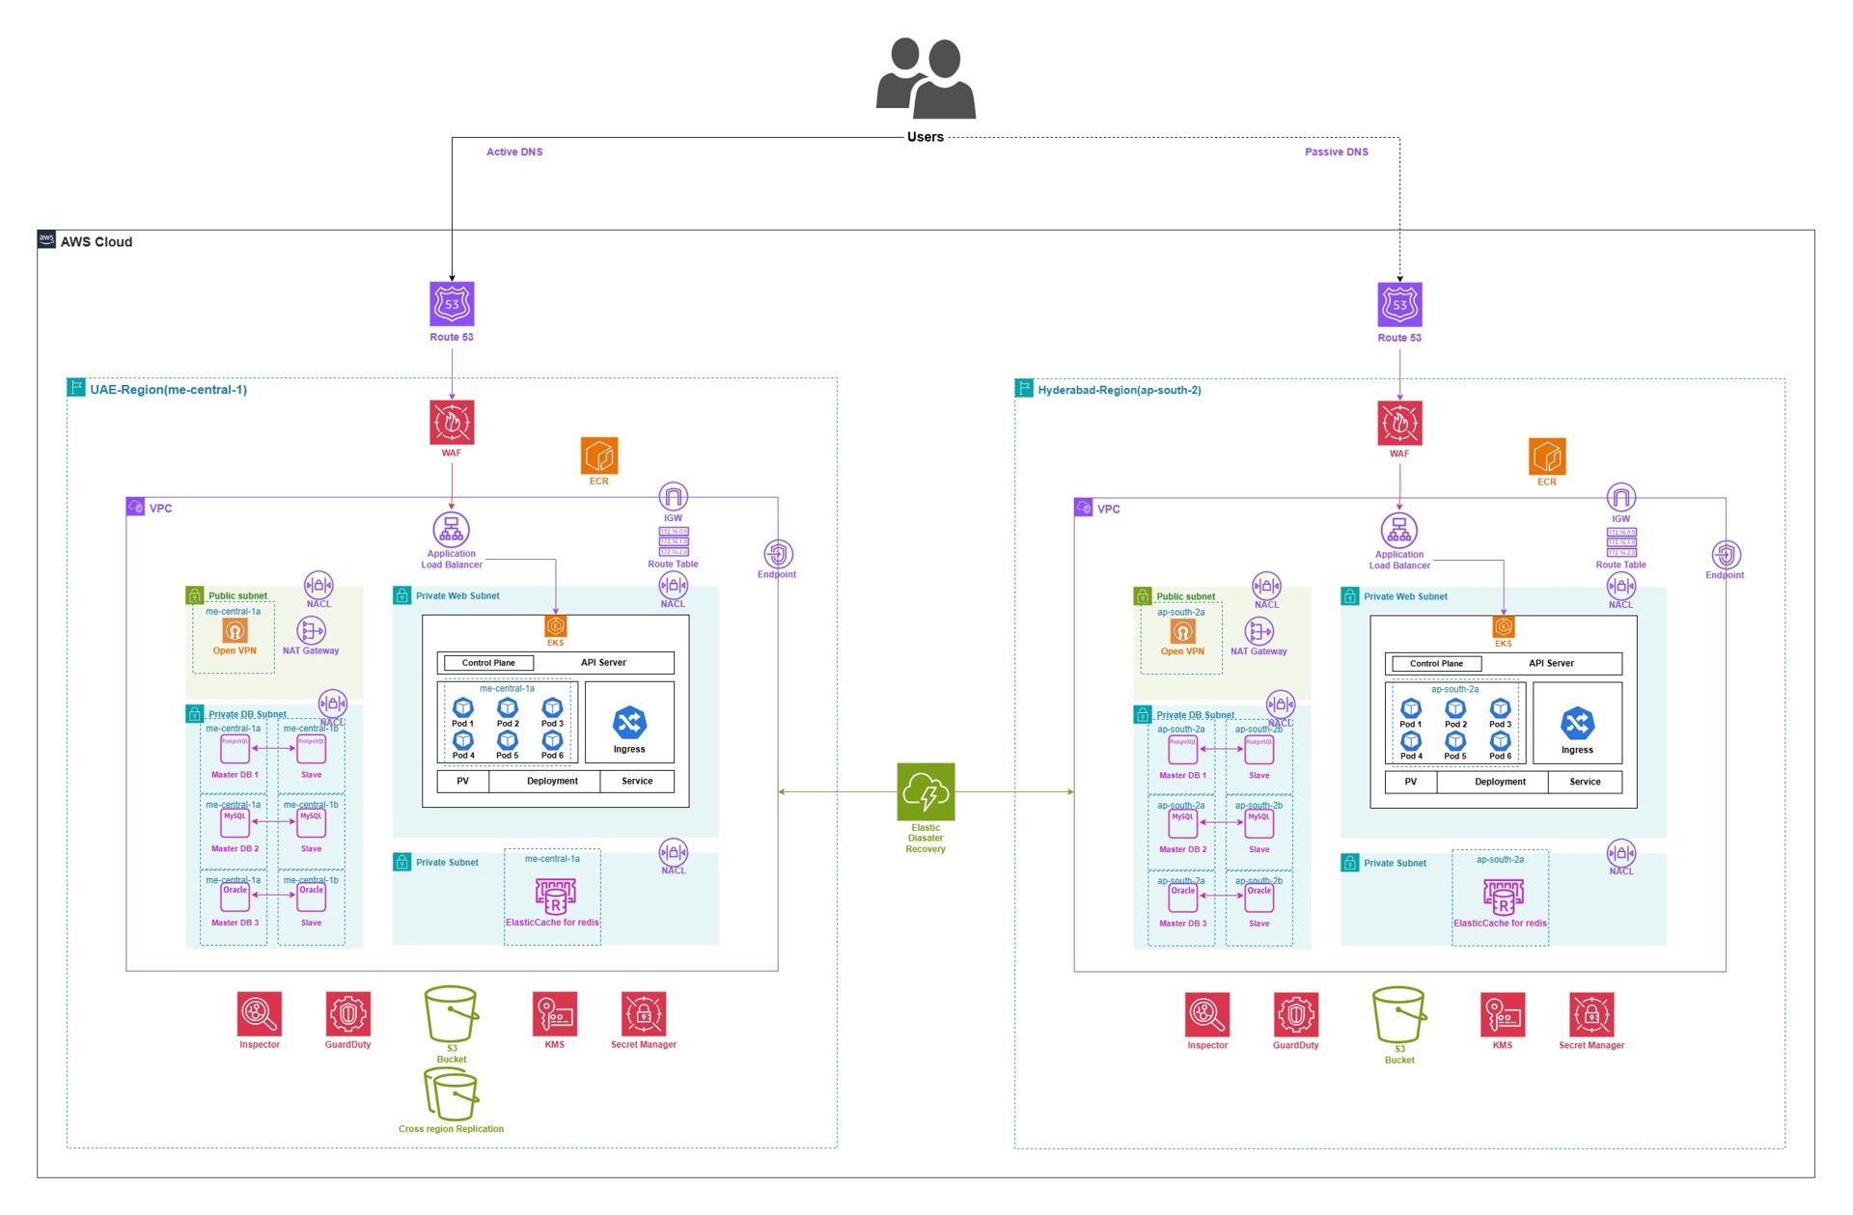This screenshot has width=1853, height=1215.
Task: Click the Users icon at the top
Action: click(926, 77)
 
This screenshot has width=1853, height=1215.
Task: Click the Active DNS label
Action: click(514, 152)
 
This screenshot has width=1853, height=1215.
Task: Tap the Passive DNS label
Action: click(1336, 152)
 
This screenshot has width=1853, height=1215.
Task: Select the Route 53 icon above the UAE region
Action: click(452, 304)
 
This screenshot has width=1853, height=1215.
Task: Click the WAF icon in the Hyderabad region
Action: click(1399, 424)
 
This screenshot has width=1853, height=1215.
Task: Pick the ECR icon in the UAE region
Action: click(599, 456)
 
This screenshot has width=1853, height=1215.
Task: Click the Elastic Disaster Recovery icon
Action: click(926, 791)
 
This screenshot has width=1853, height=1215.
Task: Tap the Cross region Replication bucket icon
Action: click(452, 1094)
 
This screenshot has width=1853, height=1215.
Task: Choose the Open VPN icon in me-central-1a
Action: click(235, 630)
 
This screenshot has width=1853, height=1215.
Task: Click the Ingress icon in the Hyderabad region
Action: click(1577, 724)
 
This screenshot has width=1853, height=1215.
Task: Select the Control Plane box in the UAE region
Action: click(488, 663)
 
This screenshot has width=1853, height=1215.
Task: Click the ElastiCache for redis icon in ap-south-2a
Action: click(1503, 897)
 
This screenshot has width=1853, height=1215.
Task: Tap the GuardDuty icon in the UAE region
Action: click(347, 1014)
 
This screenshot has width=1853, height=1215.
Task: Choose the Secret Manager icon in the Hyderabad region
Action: click(1591, 1015)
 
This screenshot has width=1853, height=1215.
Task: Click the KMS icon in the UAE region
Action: click(555, 1014)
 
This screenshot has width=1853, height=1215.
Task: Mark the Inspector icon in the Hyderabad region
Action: click(1207, 1015)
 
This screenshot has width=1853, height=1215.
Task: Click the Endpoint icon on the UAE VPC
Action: click(778, 554)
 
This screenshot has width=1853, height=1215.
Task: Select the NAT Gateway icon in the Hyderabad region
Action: click(1258, 632)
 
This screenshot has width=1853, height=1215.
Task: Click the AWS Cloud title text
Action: click(97, 242)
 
